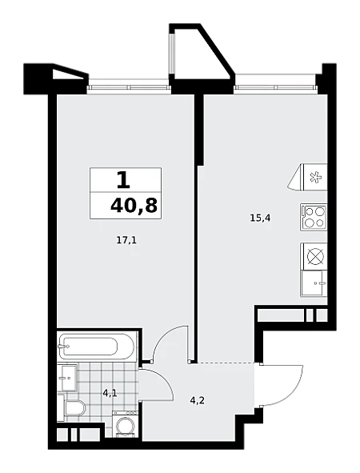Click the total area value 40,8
tap(134, 206)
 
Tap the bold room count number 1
tap(123, 181)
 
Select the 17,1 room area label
tap(126, 240)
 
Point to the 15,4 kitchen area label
tap(261, 218)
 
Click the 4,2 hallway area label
tap(198, 402)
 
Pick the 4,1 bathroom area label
tap(110, 393)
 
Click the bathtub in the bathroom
tap(97, 347)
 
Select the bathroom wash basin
tap(69, 377)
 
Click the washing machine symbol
tap(126, 424)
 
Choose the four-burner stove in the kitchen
tap(314, 217)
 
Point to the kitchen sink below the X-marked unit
tap(314, 283)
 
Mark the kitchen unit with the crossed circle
tap(314, 256)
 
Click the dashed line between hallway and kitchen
tap(226, 362)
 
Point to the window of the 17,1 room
tap(129, 88)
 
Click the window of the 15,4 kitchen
tap(276, 88)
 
